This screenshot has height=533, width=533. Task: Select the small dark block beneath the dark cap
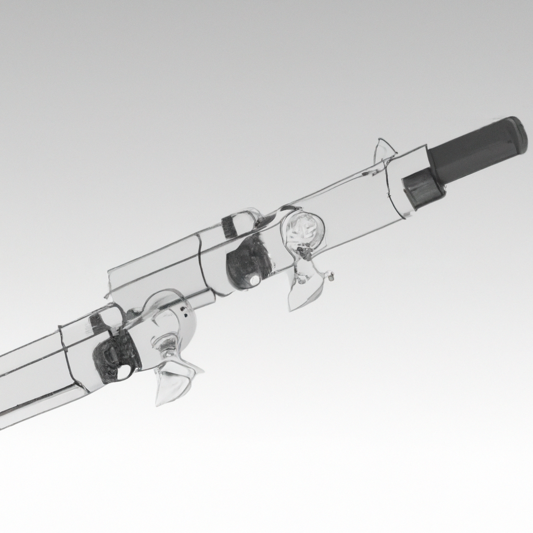point(423,188)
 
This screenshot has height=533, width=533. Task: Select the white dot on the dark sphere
point(254,281)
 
